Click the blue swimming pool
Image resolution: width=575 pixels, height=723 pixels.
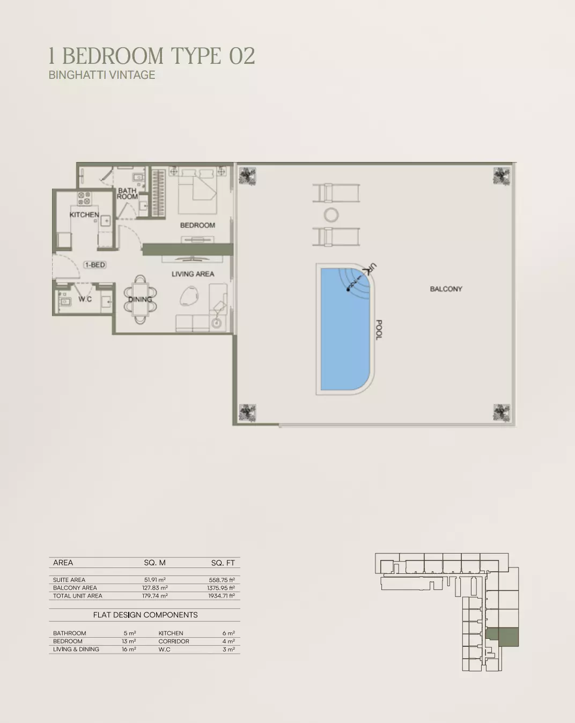(345, 329)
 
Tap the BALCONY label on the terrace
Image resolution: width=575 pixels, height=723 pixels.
(446, 289)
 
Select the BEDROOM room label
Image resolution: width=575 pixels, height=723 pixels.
(197, 225)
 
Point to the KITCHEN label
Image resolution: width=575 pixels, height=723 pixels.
(84, 215)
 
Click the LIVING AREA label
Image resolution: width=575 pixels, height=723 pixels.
(193, 274)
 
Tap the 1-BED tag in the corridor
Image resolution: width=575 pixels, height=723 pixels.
(95, 265)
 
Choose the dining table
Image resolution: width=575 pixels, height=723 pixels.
(140, 299)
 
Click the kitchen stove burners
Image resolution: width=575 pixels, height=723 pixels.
(84, 198)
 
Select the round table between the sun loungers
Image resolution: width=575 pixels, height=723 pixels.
(331, 215)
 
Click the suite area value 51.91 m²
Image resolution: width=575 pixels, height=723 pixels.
(155, 580)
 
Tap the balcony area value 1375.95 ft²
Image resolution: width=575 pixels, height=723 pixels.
(221, 588)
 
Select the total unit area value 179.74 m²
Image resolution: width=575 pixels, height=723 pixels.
(155, 596)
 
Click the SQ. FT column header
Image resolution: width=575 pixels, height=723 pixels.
(223, 563)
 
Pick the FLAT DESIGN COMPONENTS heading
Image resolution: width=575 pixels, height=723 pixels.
(145, 615)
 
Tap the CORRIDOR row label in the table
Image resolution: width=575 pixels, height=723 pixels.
(174, 641)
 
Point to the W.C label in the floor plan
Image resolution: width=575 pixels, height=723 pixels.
(85, 299)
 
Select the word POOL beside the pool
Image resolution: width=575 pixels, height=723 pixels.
(379, 329)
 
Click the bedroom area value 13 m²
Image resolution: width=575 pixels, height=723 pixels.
(129, 641)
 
